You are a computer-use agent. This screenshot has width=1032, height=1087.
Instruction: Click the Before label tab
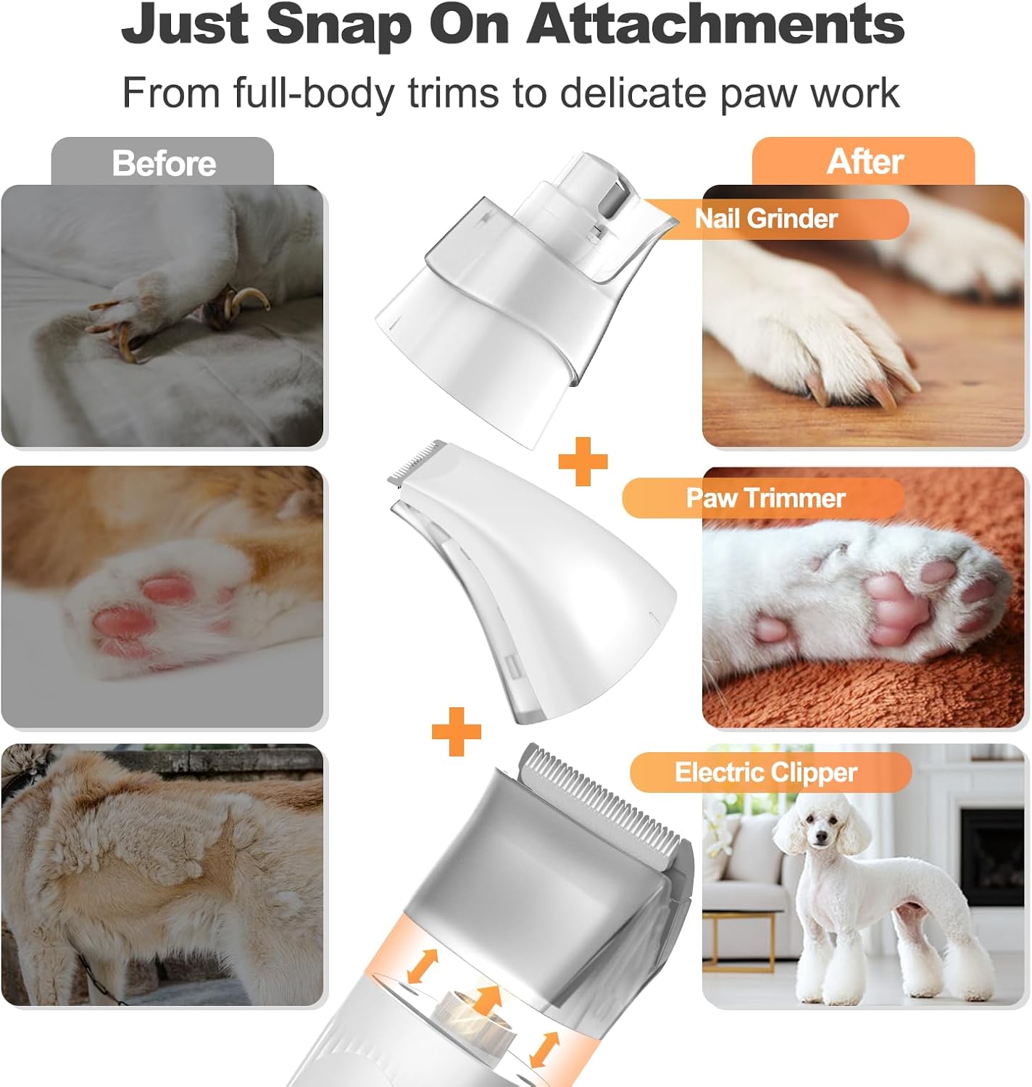tap(163, 162)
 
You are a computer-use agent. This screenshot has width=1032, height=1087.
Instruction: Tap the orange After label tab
tap(864, 161)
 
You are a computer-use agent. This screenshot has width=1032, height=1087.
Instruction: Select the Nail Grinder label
tap(766, 218)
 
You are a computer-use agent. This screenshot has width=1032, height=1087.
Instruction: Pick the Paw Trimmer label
tap(765, 498)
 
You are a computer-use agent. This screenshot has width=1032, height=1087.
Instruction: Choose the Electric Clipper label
tap(766, 772)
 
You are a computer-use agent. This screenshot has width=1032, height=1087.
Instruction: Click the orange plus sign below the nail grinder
tap(583, 461)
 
